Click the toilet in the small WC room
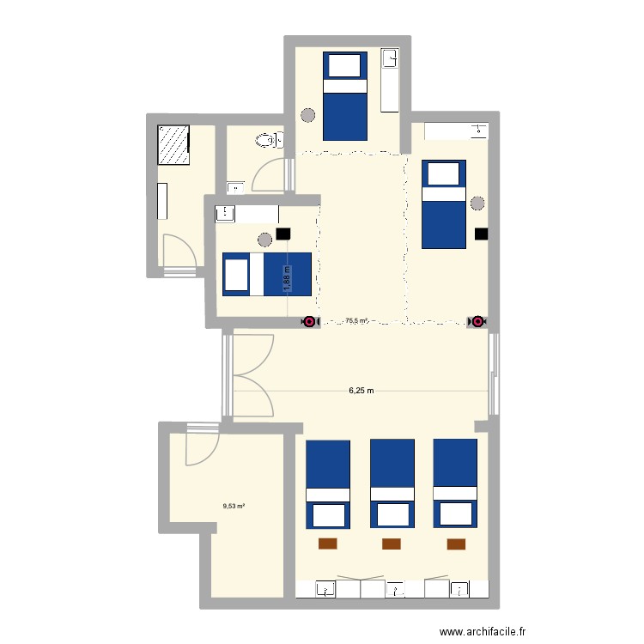click(269, 139)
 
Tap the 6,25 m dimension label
click(361, 391)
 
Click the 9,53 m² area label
click(234, 506)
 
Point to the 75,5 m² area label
click(356, 321)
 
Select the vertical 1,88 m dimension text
click(288, 278)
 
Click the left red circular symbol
click(308, 322)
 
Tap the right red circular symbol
click(476, 322)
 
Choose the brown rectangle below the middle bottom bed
click(392, 544)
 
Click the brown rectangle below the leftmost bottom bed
click(327, 544)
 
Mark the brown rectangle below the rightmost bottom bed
click(456, 544)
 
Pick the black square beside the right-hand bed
click(481, 234)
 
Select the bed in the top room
click(345, 95)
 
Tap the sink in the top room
click(390, 59)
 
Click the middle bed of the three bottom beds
click(392, 483)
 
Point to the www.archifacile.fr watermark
click(481, 632)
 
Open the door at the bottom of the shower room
click(179, 253)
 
